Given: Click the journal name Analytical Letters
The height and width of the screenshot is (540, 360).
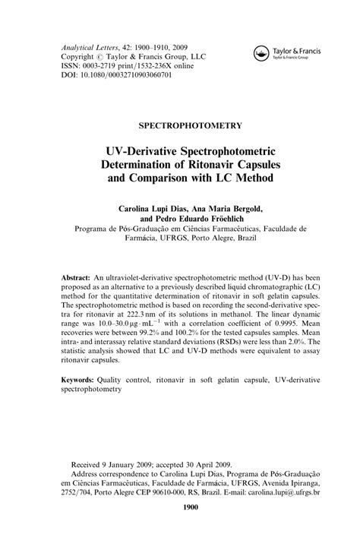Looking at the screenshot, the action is pyautogui.click(x=87, y=46).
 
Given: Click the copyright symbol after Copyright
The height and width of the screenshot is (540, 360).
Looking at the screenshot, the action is pyautogui.click(x=98, y=56).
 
